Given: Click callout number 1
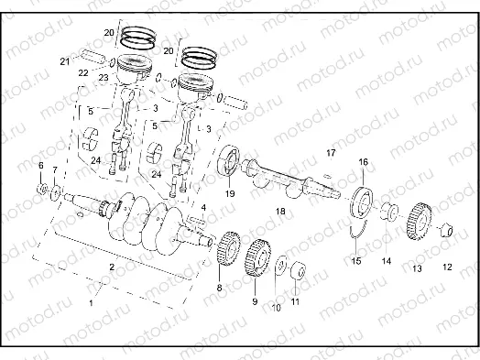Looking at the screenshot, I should pyautogui.click(x=91, y=300).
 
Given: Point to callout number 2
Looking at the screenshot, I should pyautogui.click(x=111, y=267).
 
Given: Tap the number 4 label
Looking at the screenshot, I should pyautogui.click(x=203, y=208).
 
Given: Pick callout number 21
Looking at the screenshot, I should pyautogui.click(x=64, y=61).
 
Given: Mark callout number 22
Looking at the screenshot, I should pyautogui.click(x=83, y=71).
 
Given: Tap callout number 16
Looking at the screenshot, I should pyautogui.click(x=363, y=162).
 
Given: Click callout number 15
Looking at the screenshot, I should pyautogui.click(x=356, y=261).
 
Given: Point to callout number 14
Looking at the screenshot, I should pyautogui.click(x=387, y=261).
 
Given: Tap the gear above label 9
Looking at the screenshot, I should pyautogui.click(x=256, y=260).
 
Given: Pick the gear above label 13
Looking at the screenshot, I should pyautogui.click(x=419, y=221).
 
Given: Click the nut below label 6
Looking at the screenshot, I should pyautogui.click(x=42, y=188).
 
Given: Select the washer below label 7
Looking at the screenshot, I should pyautogui.click(x=57, y=191).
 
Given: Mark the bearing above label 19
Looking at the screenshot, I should pyautogui.click(x=229, y=165).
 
